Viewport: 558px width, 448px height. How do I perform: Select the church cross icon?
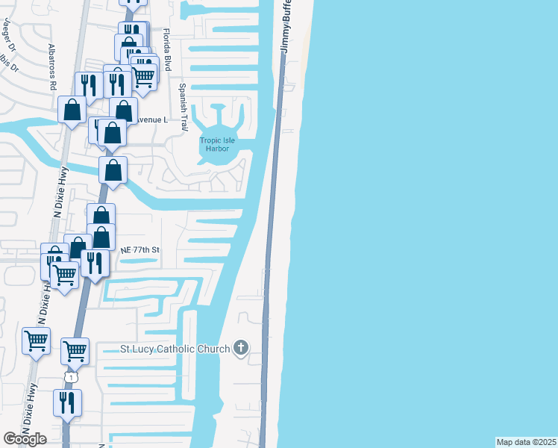click(240, 347)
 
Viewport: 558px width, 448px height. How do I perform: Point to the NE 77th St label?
click(140, 249)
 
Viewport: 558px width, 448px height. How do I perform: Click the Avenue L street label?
click(154, 119)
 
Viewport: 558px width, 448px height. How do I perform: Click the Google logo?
click(25, 440)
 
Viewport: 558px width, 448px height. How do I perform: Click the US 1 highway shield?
click(70, 378)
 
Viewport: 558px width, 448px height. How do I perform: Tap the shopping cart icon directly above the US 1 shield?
click(75, 349)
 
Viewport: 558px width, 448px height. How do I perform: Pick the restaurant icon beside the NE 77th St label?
click(95, 262)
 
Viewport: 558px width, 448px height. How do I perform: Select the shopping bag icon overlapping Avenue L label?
click(124, 111)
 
